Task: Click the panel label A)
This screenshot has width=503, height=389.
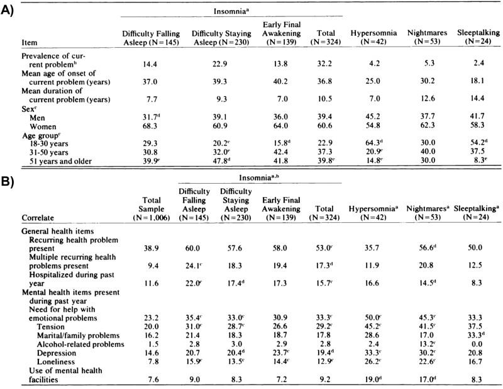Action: tap(9, 12)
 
